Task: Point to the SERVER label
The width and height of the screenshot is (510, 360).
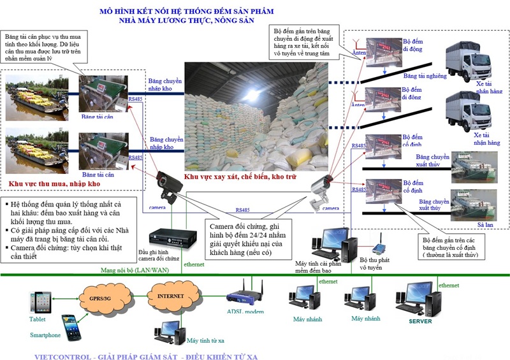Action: [420, 321]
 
